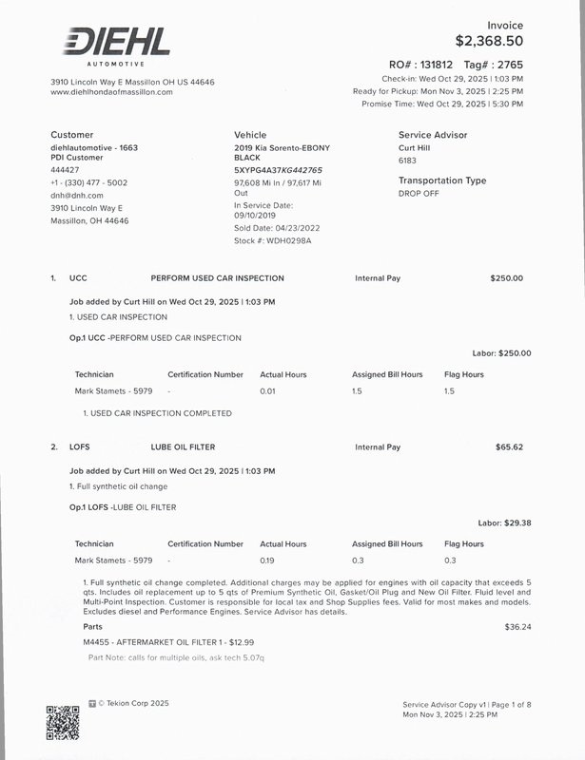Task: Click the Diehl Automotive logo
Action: tap(116, 45)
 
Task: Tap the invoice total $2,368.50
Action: tap(489, 41)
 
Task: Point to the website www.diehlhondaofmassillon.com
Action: tap(111, 92)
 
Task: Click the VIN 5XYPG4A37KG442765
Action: tap(278, 170)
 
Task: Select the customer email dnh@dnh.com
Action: tap(76, 195)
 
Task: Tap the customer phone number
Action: tap(88, 182)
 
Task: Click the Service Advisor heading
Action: tap(433, 135)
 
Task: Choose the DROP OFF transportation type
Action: tap(419, 193)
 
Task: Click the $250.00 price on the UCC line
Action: tap(506, 278)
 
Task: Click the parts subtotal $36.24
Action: tap(517, 627)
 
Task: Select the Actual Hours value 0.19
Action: tap(267, 560)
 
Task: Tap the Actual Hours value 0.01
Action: tap(267, 390)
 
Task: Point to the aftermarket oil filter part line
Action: tap(168, 643)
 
